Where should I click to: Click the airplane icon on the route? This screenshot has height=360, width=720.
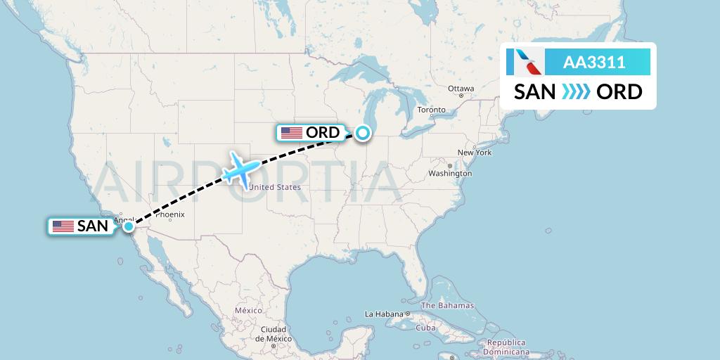[240, 169]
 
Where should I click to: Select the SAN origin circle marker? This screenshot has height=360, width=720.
[129, 226]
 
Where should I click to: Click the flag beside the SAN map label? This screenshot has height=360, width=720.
[63, 226]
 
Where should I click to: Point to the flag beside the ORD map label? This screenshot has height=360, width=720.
[291, 132]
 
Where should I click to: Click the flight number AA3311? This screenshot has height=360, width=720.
[594, 63]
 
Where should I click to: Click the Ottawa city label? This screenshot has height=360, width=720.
[461, 89]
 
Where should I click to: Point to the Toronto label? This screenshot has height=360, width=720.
[431, 110]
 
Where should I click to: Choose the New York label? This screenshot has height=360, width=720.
[474, 153]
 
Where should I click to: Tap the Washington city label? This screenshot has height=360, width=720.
[450, 173]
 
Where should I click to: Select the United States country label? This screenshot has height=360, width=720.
[275, 187]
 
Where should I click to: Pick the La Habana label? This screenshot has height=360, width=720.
[382, 314]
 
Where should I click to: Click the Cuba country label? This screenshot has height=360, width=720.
[426, 328]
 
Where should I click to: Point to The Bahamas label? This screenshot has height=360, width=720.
[447, 306]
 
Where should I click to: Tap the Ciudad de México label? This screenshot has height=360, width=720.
[273, 333]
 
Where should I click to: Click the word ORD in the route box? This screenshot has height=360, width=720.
[619, 92]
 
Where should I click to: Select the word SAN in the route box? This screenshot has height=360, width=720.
[534, 92]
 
